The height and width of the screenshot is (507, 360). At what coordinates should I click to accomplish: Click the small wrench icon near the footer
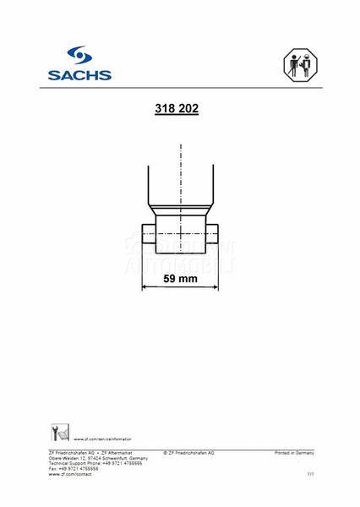[58, 434]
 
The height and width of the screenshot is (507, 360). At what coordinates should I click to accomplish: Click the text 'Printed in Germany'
[294, 453]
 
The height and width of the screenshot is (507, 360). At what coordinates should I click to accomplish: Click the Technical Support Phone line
[95, 463]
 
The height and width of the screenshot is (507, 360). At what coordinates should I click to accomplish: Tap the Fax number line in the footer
[74, 468]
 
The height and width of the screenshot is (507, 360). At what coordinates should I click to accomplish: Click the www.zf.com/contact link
[70, 474]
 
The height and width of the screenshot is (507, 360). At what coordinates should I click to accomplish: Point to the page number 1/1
[309, 475]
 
